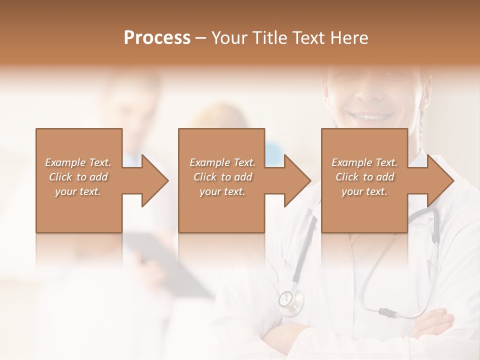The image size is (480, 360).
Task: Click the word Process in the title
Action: (157, 38)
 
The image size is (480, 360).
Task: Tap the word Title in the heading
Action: (269, 38)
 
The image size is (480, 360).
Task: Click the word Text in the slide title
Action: (308, 38)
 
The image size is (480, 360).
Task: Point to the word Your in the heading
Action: (230, 38)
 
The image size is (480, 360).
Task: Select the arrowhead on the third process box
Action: (439, 180)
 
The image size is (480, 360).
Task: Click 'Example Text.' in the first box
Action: (78, 162)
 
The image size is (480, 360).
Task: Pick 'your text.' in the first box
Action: (78, 191)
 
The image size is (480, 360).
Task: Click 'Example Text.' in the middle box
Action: (222, 162)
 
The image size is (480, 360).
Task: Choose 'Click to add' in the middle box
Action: (222, 177)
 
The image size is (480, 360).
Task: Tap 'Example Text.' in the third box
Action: (364, 162)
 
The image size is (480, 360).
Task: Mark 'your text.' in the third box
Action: (364, 191)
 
